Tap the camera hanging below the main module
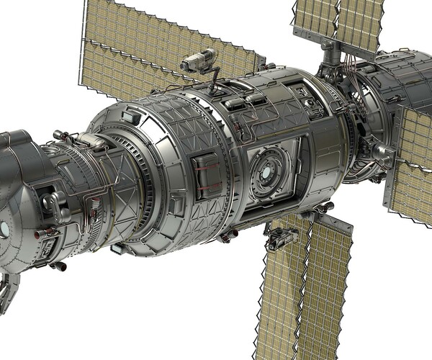(x=281, y=237)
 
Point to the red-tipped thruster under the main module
(x=230, y=235)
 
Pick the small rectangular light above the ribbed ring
(x=130, y=116)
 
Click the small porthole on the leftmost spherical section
(x=4, y=229)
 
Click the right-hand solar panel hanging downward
(x=328, y=288)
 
